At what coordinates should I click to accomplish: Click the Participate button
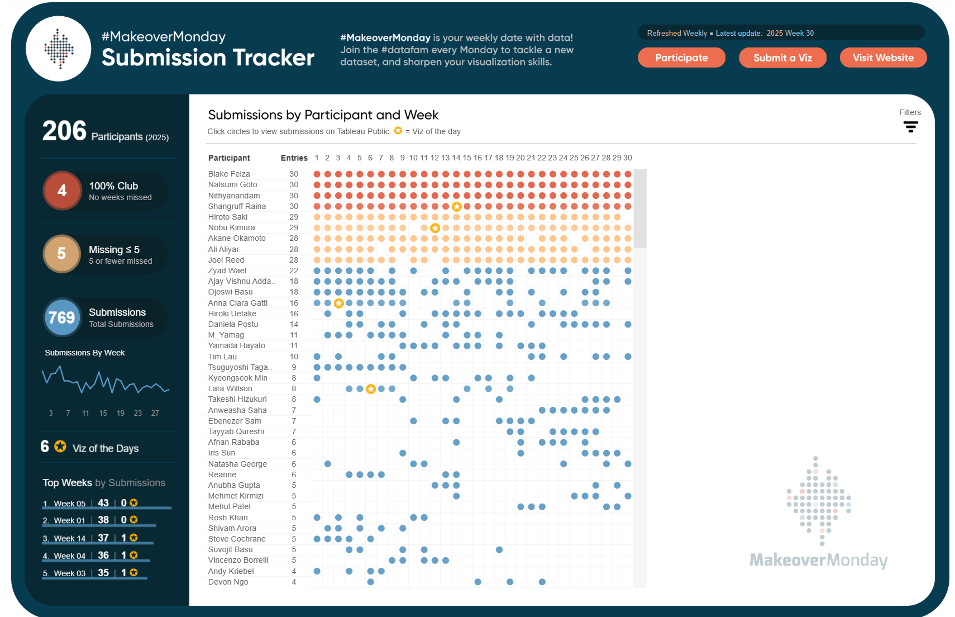(681, 58)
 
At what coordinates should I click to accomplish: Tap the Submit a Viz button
(782, 58)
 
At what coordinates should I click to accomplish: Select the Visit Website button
(883, 58)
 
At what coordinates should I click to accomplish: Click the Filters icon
(910, 127)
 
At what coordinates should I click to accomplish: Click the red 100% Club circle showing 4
(62, 191)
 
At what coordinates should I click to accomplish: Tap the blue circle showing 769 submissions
(62, 317)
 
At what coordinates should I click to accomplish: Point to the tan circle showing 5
(62, 254)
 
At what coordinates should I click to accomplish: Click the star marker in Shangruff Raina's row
(456, 207)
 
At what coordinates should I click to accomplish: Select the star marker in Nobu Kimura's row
(435, 228)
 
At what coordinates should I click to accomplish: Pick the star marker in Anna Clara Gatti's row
(338, 303)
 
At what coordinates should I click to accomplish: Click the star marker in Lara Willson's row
(371, 389)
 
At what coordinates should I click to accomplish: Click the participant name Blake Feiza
(229, 174)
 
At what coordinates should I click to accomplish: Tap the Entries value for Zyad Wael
(294, 270)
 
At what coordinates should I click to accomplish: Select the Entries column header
(294, 158)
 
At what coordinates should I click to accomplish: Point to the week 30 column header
(628, 158)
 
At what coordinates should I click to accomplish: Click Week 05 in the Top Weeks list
(69, 504)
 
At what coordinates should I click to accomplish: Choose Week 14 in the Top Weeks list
(69, 538)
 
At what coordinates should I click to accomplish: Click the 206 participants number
(64, 131)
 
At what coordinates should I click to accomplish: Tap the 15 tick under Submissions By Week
(103, 413)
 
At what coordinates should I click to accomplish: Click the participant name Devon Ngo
(228, 582)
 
